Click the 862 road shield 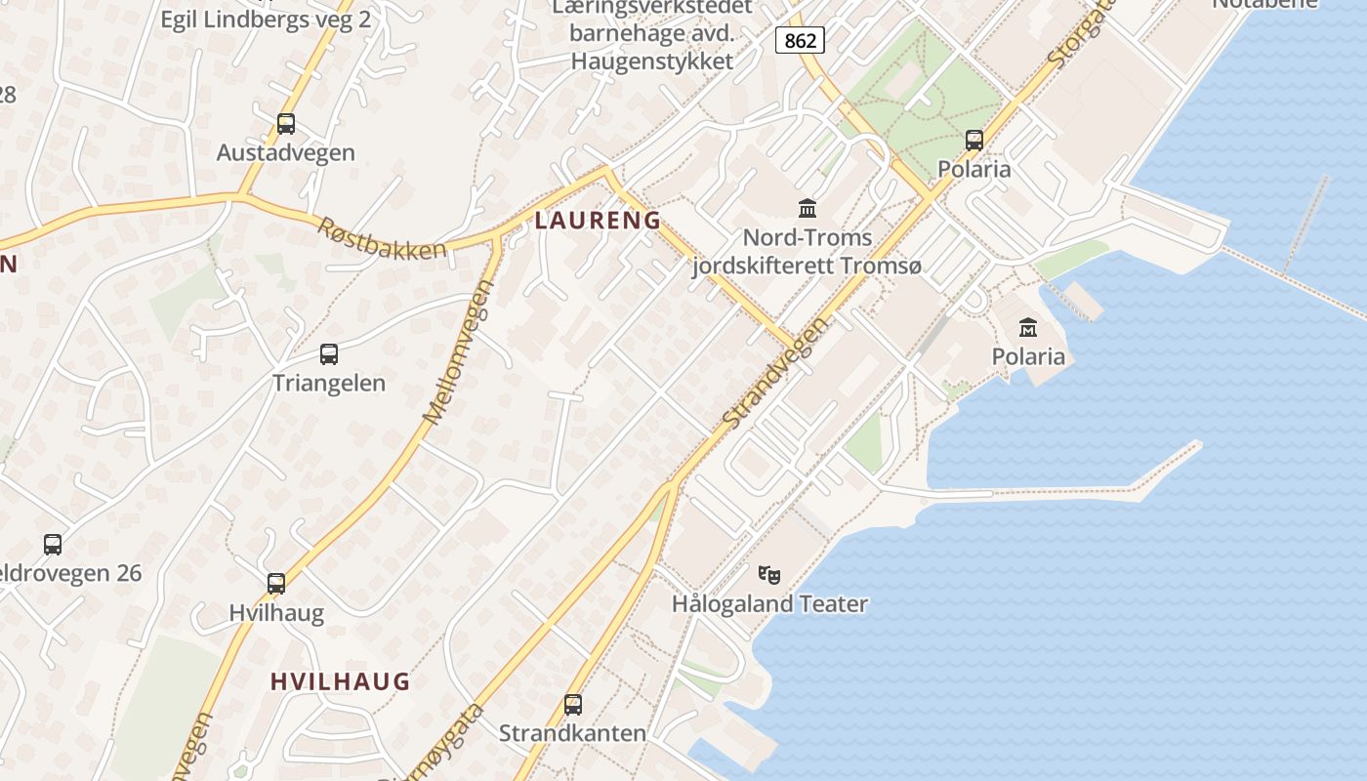click(801, 40)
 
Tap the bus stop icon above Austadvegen click(286, 124)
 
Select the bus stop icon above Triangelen click(329, 354)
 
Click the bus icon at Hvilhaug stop click(276, 584)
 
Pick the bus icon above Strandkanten click(573, 704)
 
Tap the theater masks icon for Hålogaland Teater click(769, 574)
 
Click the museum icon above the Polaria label click(1028, 327)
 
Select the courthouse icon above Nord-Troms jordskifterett click(808, 208)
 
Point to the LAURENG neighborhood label click(598, 221)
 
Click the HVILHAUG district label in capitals click(340, 681)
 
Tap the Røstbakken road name click(382, 237)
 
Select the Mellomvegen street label click(460, 351)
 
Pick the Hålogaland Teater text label click(769, 604)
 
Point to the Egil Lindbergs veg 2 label click(266, 20)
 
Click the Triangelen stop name click(329, 383)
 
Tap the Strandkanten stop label click(573, 733)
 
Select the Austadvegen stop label click(286, 153)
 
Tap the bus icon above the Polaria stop click(974, 140)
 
